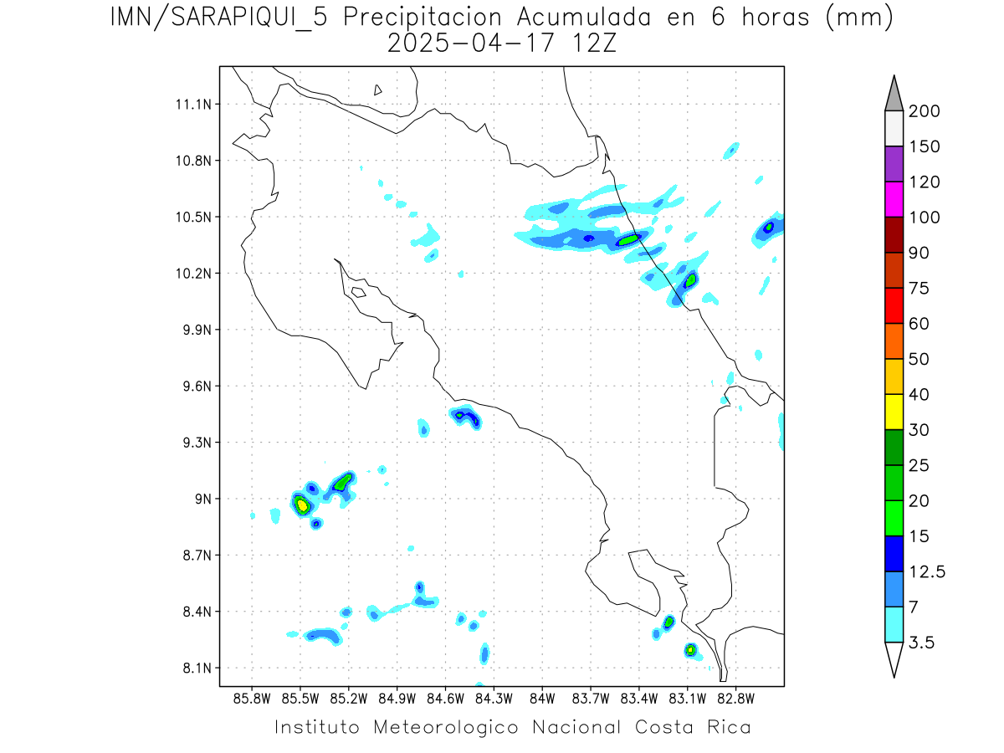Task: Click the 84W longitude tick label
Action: click(x=542, y=698)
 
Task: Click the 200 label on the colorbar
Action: click(x=924, y=111)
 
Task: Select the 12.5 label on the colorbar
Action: click(x=927, y=571)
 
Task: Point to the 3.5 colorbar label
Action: click(x=923, y=643)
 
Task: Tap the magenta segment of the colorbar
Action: click(x=894, y=199)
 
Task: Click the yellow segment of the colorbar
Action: click(x=894, y=412)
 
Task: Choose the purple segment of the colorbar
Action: click(x=894, y=164)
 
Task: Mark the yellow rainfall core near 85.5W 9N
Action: click(x=302, y=505)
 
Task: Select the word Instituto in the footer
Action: click(x=317, y=727)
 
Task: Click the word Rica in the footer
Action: click(x=727, y=727)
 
